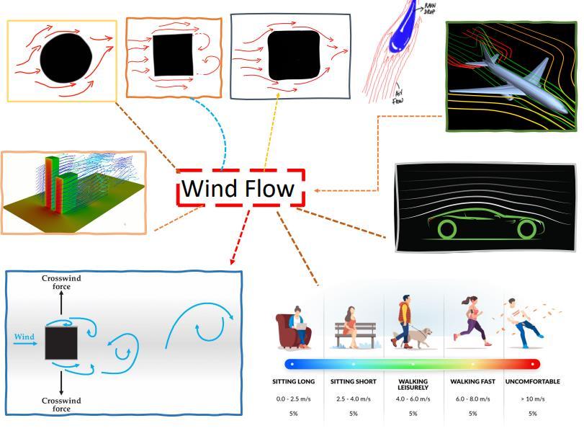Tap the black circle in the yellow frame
[66, 59]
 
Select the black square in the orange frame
[173, 54]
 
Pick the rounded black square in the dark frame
[293, 56]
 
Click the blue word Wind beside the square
[24, 337]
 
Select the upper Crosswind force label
[61, 282]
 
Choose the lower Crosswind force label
[61, 404]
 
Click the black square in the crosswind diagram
[61, 343]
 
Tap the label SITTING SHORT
[353, 381]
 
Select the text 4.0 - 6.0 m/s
[413, 399]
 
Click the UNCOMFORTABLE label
[532, 381]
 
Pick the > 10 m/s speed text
[532, 399]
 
